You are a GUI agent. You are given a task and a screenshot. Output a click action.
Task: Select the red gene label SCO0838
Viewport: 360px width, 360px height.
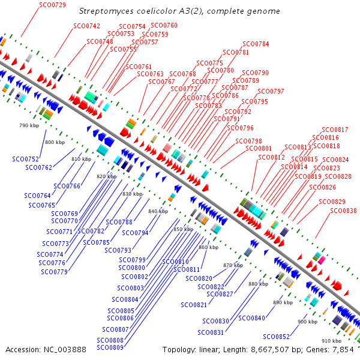343,211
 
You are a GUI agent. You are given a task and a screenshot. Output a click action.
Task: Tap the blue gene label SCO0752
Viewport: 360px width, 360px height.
26,159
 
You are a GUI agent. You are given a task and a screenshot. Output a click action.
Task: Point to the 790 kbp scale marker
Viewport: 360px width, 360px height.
28,125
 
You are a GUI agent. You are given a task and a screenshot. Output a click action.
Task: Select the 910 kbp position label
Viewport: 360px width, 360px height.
332,341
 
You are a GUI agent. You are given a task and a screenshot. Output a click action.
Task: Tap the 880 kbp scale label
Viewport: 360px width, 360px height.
258,283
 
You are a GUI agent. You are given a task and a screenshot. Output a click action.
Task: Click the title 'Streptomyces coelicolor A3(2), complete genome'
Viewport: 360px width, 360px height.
179,11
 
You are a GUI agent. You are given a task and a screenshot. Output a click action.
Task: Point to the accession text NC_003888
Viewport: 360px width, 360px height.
46,349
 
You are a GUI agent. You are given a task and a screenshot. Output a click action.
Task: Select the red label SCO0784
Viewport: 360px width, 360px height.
255,44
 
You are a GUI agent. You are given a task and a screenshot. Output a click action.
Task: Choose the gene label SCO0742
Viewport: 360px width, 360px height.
86,26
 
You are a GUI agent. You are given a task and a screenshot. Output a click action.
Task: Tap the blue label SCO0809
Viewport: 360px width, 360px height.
110,347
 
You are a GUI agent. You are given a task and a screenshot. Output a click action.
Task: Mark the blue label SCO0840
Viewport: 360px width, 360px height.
251,317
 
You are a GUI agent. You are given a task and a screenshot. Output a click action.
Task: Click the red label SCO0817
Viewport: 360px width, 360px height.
335,130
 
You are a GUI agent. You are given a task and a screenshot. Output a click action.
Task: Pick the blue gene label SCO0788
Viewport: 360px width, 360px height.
119,222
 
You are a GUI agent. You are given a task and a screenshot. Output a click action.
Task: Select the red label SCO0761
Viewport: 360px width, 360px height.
139,67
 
